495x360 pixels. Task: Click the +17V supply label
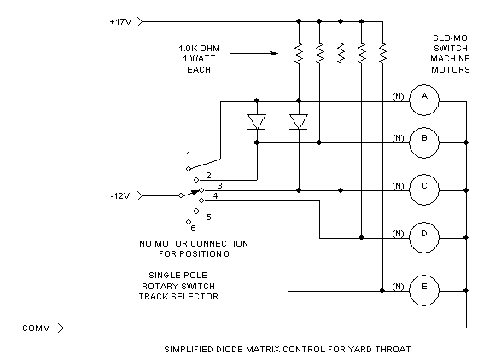click(x=120, y=22)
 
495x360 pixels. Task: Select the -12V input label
click(x=120, y=196)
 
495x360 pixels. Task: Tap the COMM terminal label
click(x=36, y=328)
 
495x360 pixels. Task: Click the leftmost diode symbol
click(x=257, y=122)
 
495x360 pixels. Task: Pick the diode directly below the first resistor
click(x=299, y=122)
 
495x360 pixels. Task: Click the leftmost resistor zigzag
click(x=299, y=53)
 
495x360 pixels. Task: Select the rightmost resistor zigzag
click(x=382, y=53)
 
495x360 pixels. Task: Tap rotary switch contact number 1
click(x=189, y=169)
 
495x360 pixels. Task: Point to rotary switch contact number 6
click(x=189, y=222)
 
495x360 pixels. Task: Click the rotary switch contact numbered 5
click(x=196, y=211)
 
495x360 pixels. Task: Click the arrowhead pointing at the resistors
click(x=274, y=54)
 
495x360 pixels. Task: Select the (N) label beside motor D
click(x=398, y=234)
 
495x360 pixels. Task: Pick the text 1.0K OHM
click(x=199, y=49)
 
